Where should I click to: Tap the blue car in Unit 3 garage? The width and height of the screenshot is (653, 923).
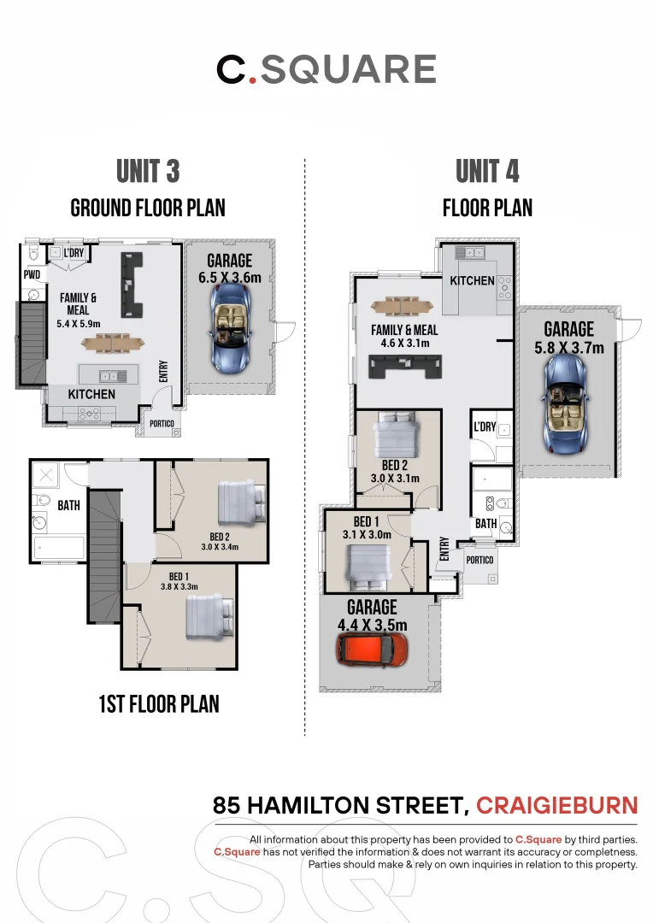click(x=230, y=328)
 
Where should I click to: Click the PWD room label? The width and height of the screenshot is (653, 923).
click(x=32, y=274)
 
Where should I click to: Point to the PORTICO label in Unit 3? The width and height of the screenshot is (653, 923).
click(x=162, y=423)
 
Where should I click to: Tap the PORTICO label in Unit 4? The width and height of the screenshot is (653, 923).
click(x=479, y=560)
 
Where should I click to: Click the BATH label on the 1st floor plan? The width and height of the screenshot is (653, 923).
click(x=69, y=505)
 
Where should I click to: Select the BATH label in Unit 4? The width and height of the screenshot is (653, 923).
click(x=485, y=523)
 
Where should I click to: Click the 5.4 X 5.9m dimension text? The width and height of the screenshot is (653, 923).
click(x=79, y=324)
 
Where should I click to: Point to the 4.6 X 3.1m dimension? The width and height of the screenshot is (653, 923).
click(x=405, y=344)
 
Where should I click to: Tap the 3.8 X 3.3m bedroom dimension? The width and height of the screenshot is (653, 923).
click(x=179, y=587)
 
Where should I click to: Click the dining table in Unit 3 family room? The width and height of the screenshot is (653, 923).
click(x=113, y=343)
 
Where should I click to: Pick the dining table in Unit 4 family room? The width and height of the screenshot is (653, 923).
click(x=403, y=306)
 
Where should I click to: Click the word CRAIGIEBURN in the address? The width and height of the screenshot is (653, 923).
click(x=557, y=805)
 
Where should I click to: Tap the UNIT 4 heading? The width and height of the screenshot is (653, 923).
click(x=487, y=171)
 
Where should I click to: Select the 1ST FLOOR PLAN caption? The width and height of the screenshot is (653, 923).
click(x=159, y=704)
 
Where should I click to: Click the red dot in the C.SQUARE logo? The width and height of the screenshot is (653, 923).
click(x=253, y=79)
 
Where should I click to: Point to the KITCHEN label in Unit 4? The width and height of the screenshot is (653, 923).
click(x=473, y=281)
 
